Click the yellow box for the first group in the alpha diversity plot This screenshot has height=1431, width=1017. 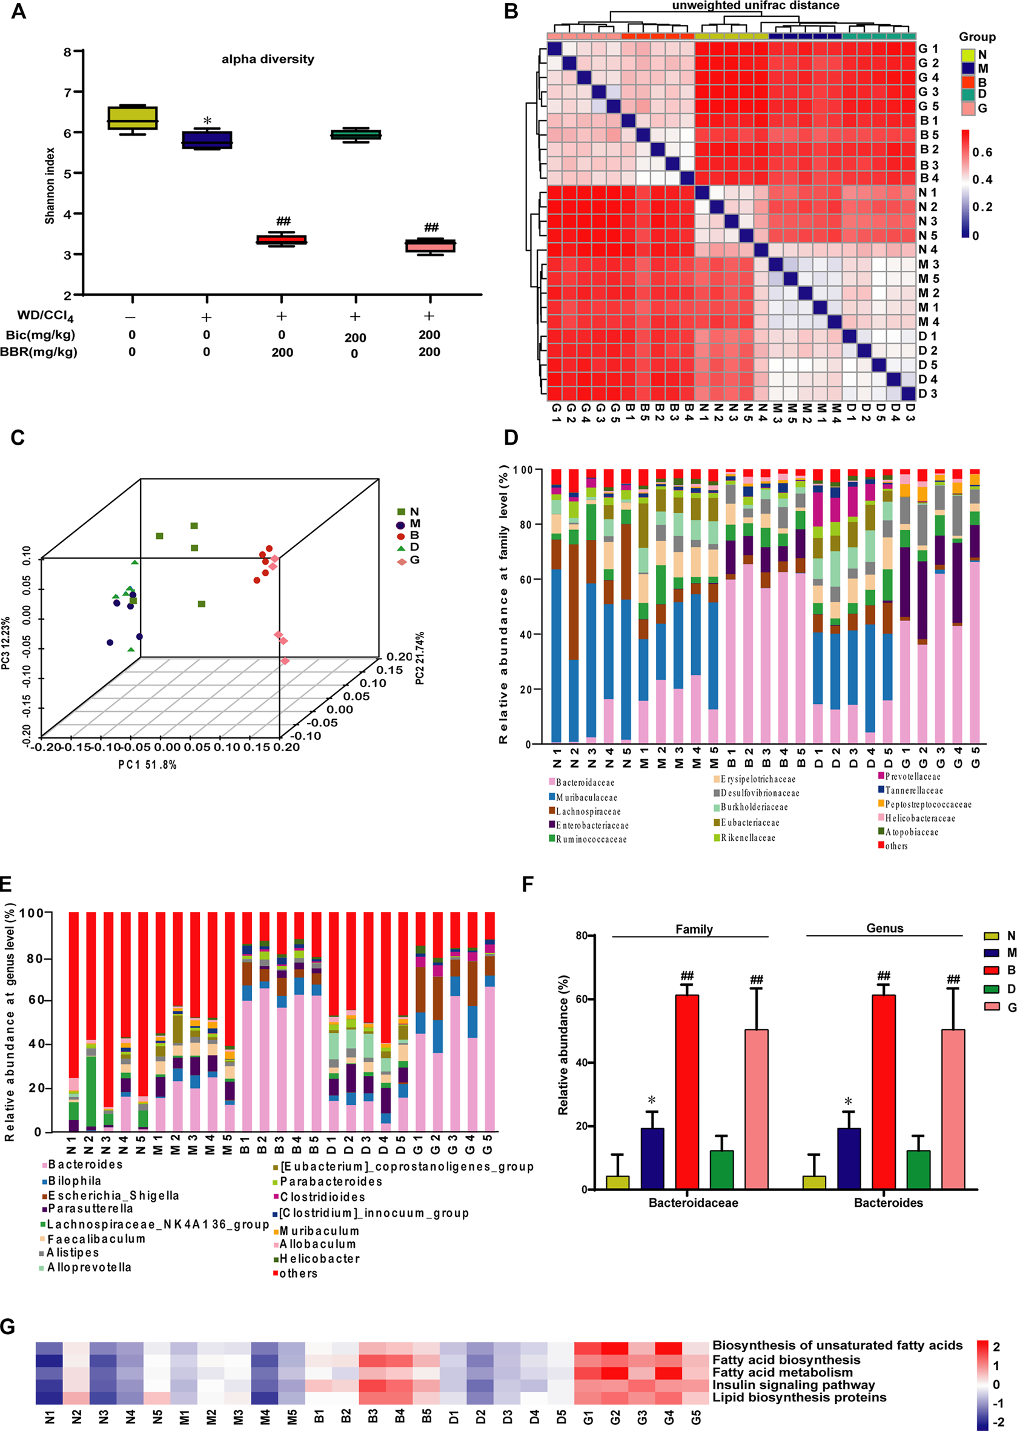[x=132, y=118]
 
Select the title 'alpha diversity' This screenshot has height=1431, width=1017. [x=267, y=59]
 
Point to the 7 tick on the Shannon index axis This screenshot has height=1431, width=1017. [x=67, y=93]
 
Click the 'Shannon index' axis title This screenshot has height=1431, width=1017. [x=50, y=186]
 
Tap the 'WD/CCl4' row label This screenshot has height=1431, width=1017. [x=44, y=316]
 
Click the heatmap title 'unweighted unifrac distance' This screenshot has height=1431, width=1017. [x=755, y=5]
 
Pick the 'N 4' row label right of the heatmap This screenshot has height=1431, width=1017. [x=927, y=250]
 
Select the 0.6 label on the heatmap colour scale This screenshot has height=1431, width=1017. [x=982, y=152]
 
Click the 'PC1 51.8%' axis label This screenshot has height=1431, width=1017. [x=147, y=765]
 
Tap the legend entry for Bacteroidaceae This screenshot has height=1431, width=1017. [x=585, y=782]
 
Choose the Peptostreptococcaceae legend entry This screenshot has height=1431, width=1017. [x=927, y=804]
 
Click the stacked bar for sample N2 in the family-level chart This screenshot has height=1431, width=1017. [x=574, y=606]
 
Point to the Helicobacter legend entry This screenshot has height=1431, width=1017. [x=319, y=1258]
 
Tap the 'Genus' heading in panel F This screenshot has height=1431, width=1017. [x=884, y=928]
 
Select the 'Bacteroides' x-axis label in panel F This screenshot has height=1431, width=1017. [x=888, y=1203]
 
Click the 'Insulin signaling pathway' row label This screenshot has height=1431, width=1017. [x=793, y=1385]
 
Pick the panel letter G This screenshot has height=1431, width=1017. [x=7, y=1326]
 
